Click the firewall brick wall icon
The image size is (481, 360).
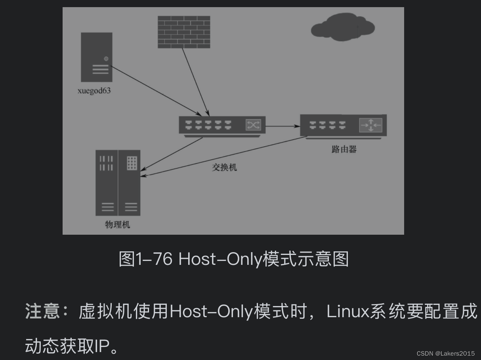184,32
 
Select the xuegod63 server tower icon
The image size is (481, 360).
97,57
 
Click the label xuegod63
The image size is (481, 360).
94,91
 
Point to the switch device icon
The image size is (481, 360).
222,126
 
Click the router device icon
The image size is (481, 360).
343,125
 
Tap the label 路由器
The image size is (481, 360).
344,149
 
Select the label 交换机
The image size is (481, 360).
225,167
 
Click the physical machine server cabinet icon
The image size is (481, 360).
118,183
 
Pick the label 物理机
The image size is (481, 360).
117,225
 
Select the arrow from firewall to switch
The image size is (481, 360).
195,82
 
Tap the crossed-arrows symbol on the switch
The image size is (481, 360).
253,125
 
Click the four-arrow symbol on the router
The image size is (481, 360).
370,125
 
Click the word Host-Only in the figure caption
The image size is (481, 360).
221,259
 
